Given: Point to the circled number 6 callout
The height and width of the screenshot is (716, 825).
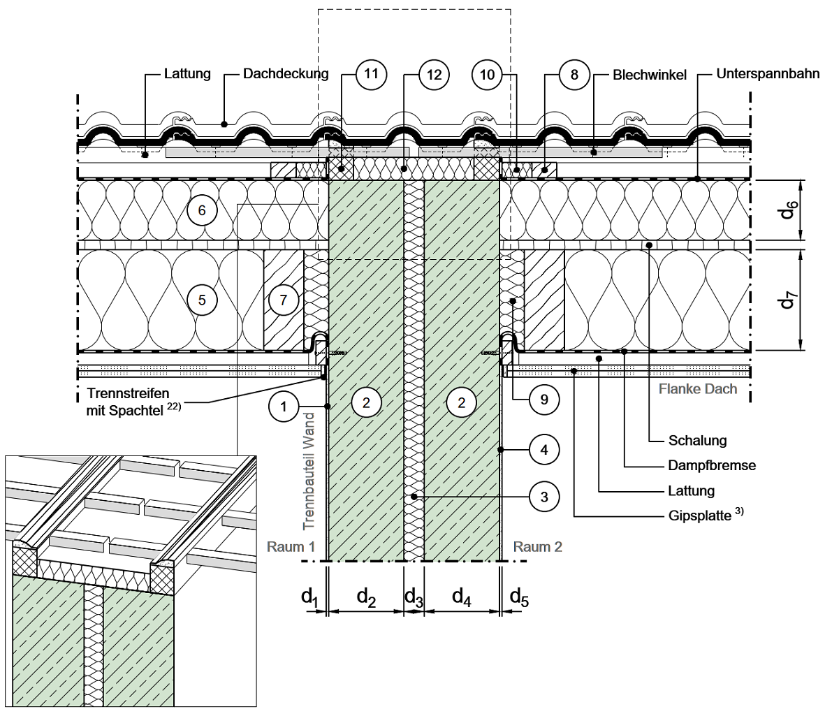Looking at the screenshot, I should click(x=203, y=210).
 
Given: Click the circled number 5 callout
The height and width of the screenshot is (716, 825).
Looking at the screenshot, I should click(x=203, y=300).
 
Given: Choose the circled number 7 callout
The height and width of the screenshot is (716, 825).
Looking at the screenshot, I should click(x=282, y=300).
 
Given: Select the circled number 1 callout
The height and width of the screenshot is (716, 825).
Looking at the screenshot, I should click(x=284, y=406).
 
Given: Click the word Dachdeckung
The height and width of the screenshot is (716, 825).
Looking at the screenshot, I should click(x=286, y=74).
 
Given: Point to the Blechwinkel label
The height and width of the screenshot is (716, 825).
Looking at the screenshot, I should click(x=650, y=74).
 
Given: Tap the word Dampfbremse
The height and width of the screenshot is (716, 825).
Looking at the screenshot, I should click(x=702, y=466).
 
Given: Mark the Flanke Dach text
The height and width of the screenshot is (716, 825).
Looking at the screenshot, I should click(x=697, y=388).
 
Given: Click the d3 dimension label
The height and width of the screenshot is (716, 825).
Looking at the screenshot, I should click(x=414, y=597).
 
